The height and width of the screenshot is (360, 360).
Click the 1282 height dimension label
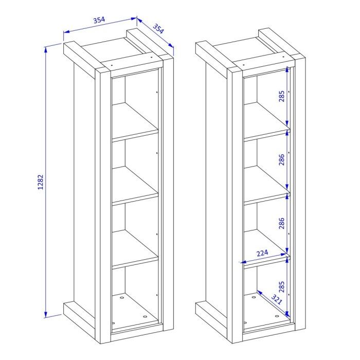click(x=41, y=182)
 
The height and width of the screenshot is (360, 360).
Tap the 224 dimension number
click(x=262, y=253)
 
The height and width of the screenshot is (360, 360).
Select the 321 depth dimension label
click(x=277, y=299)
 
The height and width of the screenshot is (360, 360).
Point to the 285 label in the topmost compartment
click(x=282, y=96)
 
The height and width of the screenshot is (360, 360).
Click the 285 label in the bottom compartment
click(x=282, y=287)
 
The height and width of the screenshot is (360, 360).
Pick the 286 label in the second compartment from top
click(x=282, y=159)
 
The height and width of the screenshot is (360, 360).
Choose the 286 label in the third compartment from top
click(x=282, y=223)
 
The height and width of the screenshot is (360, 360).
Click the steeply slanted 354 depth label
click(x=158, y=29)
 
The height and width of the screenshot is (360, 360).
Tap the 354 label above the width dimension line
click(x=99, y=20)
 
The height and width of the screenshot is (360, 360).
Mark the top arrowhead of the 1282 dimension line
click(x=46, y=49)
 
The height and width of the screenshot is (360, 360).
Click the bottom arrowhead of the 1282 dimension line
click(x=46, y=315)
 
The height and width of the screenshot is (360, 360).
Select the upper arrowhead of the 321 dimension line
click(x=259, y=292)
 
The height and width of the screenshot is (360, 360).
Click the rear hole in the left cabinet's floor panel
click(x=122, y=298)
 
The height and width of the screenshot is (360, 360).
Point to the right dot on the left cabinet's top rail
click(x=151, y=57)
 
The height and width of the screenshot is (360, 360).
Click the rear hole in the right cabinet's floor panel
click(x=254, y=297)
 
